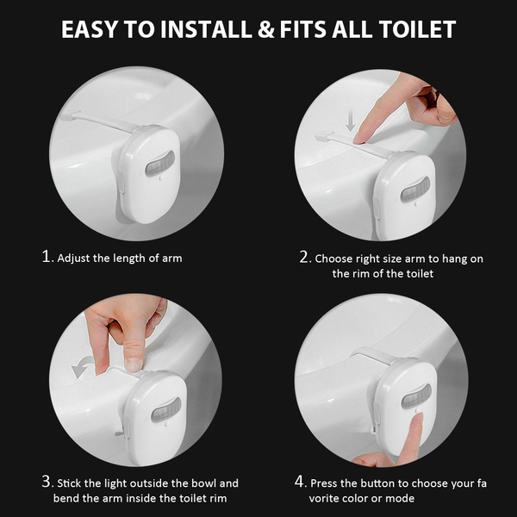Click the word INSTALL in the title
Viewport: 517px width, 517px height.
206,29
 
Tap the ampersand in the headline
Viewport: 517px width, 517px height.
266,29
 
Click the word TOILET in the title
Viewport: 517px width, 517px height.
417,29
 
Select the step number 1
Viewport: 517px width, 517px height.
47,256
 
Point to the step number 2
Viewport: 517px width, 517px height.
305,257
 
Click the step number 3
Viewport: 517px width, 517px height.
47,482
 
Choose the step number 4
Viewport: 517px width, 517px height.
301,482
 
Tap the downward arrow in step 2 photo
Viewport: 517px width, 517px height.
351,121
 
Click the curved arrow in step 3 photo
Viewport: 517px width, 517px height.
83,366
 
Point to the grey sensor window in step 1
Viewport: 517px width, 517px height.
160,163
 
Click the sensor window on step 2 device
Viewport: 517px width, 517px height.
415,190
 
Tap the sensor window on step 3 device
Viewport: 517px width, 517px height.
166,410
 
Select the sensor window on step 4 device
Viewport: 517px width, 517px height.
416,396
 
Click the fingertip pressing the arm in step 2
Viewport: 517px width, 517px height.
359,138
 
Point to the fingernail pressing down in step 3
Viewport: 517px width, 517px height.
134,364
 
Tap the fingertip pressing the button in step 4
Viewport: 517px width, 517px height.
417,418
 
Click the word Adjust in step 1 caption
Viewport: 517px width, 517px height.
74,258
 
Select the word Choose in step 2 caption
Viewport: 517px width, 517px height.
333,258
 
